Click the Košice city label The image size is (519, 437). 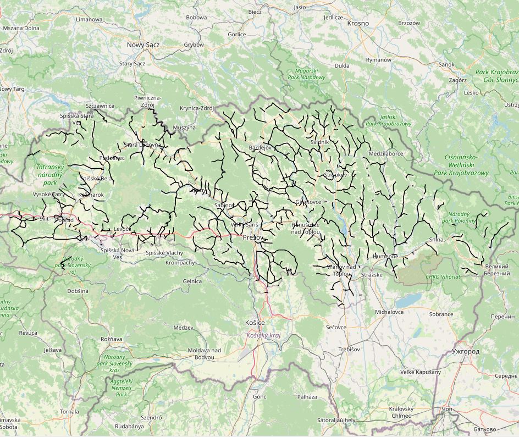click(255, 323)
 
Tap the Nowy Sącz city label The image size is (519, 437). click(143, 45)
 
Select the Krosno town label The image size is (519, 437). click(358, 24)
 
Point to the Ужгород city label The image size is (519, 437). click(465, 351)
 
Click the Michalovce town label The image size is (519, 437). click(389, 312)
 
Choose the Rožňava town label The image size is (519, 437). click(112, 339)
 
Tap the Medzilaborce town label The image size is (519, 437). click(387, 154)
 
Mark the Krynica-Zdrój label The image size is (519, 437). click(196, 108)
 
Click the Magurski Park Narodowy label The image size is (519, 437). click(310, 74)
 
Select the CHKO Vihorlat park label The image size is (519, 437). click(443, 277)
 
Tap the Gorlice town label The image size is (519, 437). click(236, 34)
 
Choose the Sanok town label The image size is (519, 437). click(446, 64)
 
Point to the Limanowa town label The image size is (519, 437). click(90, 19)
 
